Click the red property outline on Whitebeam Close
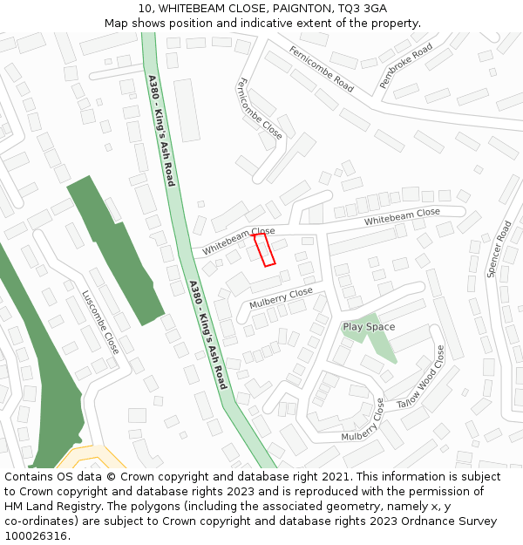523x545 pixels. pos(264,249)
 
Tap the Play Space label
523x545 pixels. pos(369,327)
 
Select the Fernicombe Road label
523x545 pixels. pos(322,69)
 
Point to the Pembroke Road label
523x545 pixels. pos(406,65)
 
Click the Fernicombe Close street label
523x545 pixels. pos(259,108)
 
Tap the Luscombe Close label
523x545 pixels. pos(101,322)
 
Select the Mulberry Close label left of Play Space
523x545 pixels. pos(281,298)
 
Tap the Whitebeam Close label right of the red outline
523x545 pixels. pos(402,217)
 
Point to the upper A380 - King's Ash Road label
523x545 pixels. pos(161,131)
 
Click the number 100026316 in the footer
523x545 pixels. pos(36,535)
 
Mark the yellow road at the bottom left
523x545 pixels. pos(87,458)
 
